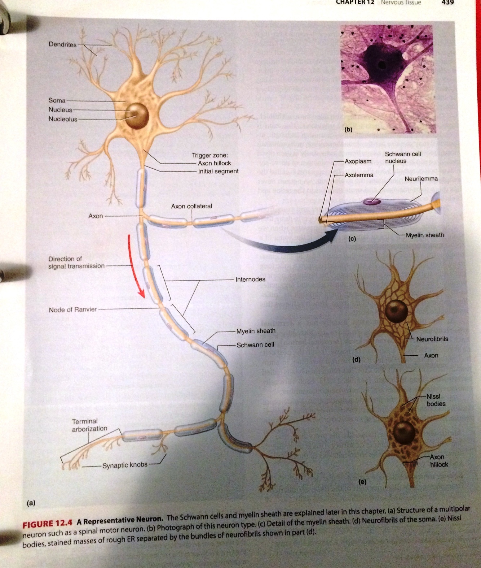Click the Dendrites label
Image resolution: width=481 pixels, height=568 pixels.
tap(62, 44)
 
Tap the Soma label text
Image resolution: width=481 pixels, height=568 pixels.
tap(57, 100)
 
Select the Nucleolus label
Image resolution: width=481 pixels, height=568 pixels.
tap(63, 119)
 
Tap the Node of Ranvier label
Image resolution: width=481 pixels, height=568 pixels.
tap(73, 309)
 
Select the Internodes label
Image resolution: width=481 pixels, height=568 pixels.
tap(250, 279)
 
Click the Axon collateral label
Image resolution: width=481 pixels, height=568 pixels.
tap(191, 206)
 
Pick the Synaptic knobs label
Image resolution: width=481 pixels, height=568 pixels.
tap(125, 465)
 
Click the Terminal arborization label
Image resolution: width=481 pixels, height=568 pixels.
tap(89, 425)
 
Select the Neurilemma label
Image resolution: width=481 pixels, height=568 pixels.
tap(421, 179)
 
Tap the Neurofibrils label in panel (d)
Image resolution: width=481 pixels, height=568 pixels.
tap(432, 339)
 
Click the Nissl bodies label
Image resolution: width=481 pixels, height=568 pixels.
tap(436, 400)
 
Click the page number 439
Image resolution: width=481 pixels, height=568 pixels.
tap(447, 3)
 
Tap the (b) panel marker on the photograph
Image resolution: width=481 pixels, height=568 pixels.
tap(348, 129)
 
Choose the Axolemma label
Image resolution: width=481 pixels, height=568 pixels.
tap(359, 175)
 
